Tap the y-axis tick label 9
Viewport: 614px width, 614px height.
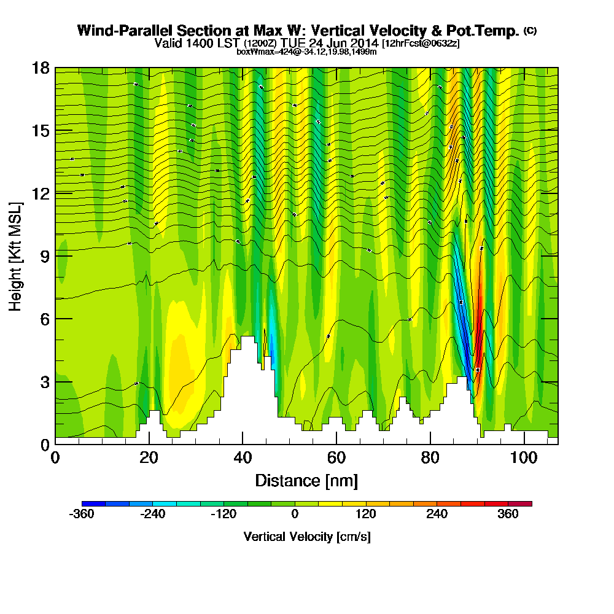pos(44,256)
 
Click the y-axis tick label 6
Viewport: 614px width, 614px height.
pos(44,319)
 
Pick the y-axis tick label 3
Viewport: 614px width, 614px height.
pos(44,382)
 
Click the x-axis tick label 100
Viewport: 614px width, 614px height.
pos(524,459)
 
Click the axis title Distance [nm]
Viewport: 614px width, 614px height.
pos(306,480)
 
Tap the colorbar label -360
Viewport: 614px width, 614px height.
pos(82,515)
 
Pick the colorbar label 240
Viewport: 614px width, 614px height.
pos(437,515)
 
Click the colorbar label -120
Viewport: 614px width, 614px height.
pos(223,515)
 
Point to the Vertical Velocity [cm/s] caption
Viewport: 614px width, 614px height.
pos(306,537)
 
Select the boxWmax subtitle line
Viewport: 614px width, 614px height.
pos(306,52)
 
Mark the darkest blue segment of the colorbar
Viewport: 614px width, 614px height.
pos(93,503)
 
